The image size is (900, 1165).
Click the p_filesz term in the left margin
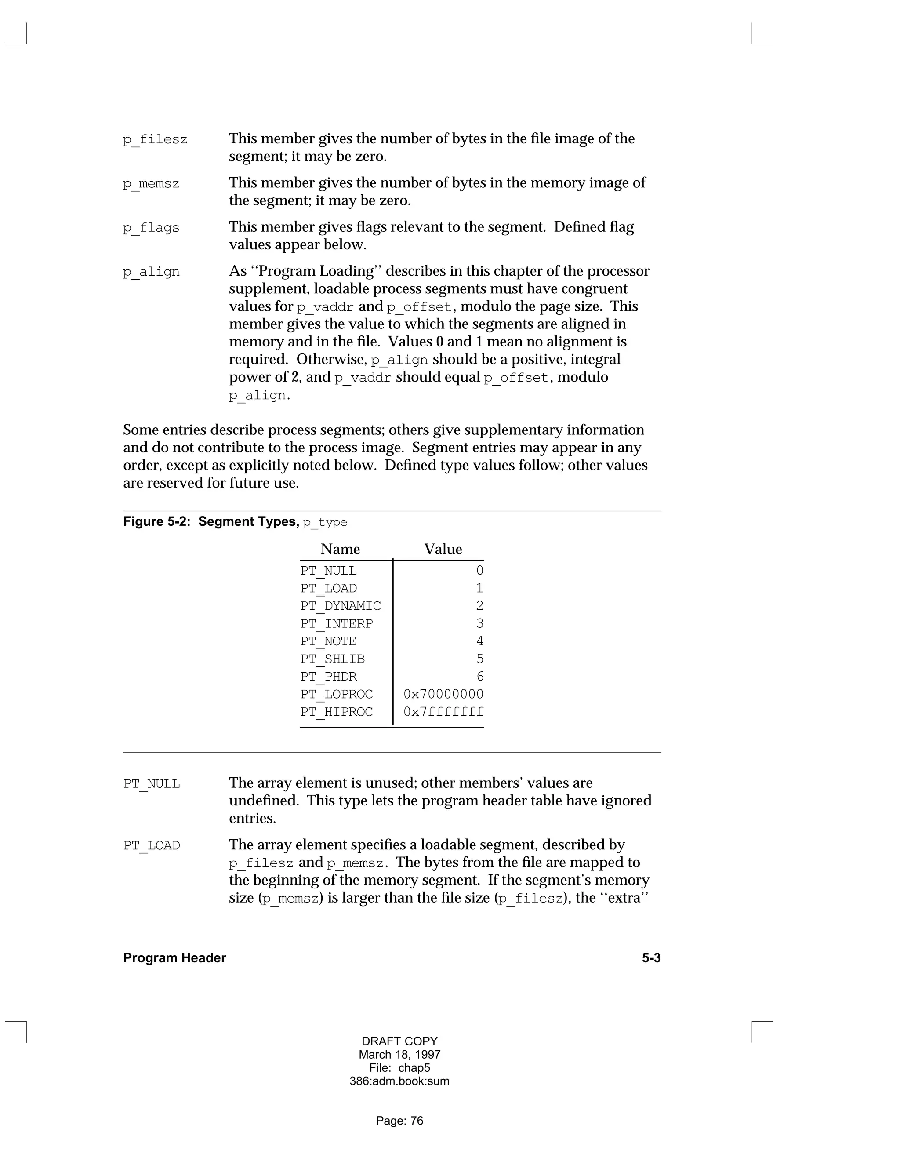155,140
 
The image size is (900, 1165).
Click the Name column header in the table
340,549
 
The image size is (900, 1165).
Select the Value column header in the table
443,549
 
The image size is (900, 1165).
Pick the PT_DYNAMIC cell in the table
340,606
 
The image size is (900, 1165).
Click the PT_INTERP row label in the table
337,623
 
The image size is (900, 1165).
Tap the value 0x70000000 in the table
443,694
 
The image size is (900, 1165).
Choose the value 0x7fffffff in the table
443,712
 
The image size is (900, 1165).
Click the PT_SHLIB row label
332,659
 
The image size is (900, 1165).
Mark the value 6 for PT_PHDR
479,677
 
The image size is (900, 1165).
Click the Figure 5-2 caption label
157,522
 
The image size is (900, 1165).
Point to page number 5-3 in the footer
650,958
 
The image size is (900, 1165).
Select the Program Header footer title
174,958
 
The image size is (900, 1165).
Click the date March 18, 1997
399,1055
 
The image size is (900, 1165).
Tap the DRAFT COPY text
399,1041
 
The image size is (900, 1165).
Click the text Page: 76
399,1121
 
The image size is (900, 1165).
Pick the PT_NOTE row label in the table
328,641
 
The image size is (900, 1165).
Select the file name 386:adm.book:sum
399,1081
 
